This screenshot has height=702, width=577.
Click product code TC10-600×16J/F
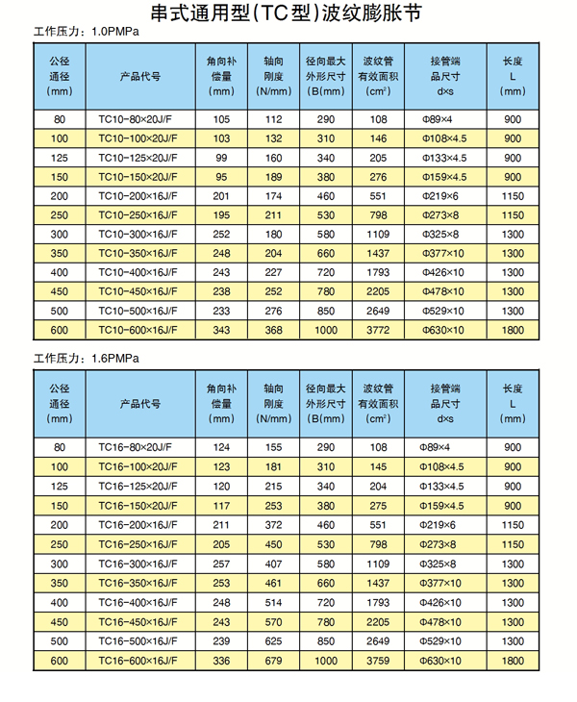pyautogui.click(x=143, y=331)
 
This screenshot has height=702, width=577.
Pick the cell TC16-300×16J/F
pyautogui.click(x=143, y=563)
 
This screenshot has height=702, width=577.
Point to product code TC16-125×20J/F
pyautogui.click(x=143, y=486)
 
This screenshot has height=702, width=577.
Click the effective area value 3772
pyautogui.click(x=378, y=331)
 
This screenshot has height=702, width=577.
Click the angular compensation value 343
pyautogui.click(x=222, y=331)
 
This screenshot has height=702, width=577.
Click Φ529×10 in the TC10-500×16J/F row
pyautogui.click(x=444, y=312)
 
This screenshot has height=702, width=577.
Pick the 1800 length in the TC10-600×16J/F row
pyautogui.click(x=514, y=331)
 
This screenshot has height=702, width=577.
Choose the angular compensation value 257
pyautogui.click(x=222, y=563)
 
